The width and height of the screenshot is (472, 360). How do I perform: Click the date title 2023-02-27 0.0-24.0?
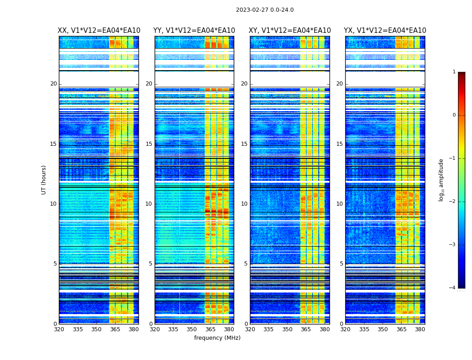[265, 10]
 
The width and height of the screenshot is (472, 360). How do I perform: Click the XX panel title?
[99, 31]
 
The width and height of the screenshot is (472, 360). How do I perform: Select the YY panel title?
[194, 31]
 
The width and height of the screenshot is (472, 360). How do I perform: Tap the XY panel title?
[290, 31]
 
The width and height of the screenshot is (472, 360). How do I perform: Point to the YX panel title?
[385, 31]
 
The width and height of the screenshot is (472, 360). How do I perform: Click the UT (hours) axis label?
[44, 180]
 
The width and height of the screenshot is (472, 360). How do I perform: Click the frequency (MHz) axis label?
[217, 338]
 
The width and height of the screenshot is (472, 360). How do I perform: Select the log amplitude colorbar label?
[441, 180]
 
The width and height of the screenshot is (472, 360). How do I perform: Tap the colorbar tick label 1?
[454, 72]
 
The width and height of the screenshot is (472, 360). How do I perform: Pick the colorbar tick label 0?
[454, 115]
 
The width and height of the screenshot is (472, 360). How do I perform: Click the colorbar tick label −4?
[453, 288]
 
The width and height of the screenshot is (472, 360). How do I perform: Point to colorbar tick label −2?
[453, 202]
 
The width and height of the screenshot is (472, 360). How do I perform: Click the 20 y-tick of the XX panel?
[53, 84]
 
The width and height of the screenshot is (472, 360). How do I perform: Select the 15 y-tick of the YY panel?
[149, 144]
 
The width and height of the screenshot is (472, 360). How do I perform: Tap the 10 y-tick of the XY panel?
[244, 204]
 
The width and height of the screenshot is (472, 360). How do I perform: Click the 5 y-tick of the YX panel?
[341, 264]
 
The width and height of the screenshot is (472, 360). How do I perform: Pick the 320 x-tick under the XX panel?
[59, 329]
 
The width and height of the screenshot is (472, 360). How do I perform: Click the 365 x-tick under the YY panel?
[210, 329]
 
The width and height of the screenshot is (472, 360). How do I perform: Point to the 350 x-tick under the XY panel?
[287, 329]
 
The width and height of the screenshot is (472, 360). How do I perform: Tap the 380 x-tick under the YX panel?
[420, 329]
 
